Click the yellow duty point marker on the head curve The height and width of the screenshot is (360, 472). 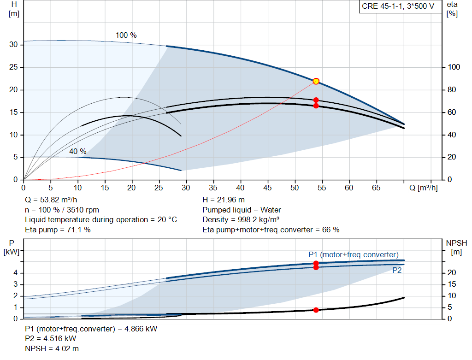click(316, 81)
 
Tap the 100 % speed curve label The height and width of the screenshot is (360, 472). click(126, 35)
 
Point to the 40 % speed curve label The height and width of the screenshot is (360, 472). click(78, 151)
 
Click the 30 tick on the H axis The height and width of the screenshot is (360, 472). click(13, 45)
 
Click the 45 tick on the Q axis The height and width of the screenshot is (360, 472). click(267, 188)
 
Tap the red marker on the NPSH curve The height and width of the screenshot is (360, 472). click(316, 310)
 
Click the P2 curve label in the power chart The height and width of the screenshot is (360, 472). click(397, 271)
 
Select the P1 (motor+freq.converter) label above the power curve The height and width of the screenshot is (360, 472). click(353, 254)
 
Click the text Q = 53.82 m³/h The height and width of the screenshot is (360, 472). click(51, 200)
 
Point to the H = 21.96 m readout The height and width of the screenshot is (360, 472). click(224, 200)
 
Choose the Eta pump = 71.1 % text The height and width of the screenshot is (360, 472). click(58, 230)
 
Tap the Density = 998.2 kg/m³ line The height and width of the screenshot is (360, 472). click(241, 219)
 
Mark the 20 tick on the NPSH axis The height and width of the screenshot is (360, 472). click(451, 273)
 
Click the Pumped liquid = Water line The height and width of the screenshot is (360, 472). click(242, 210)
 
